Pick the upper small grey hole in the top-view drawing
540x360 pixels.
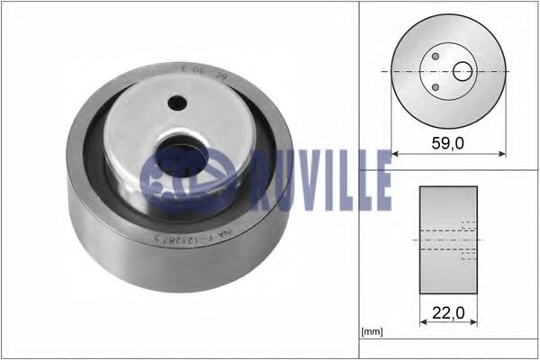coord(436,56)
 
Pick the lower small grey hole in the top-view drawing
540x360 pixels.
coord(436,86)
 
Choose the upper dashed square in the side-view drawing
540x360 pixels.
coord(467,226)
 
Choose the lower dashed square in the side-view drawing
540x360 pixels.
coord(467,256)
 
